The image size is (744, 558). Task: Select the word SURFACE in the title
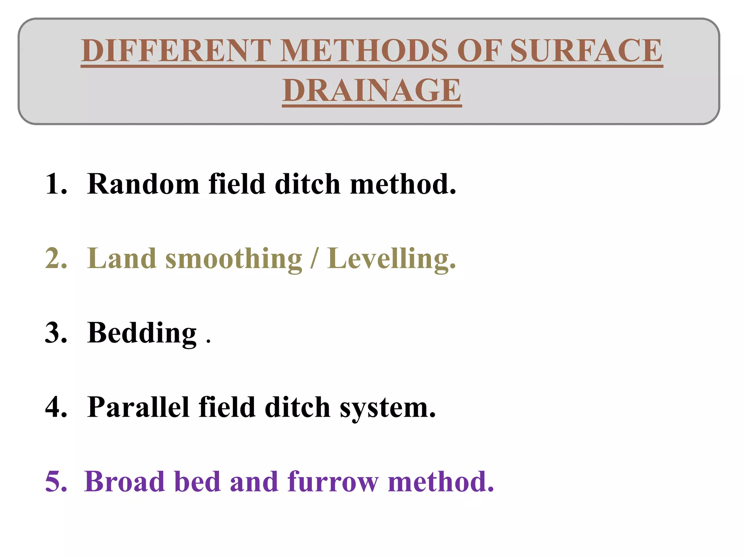pos(586,50)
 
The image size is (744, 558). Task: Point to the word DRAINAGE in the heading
pos(372,90)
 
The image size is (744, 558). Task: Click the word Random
pos(143,184)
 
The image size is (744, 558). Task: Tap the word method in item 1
pos(403,184)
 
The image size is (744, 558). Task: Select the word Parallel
pos(139,407)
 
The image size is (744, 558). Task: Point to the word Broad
pos(124,482)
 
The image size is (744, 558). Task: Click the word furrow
pos(333,482)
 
